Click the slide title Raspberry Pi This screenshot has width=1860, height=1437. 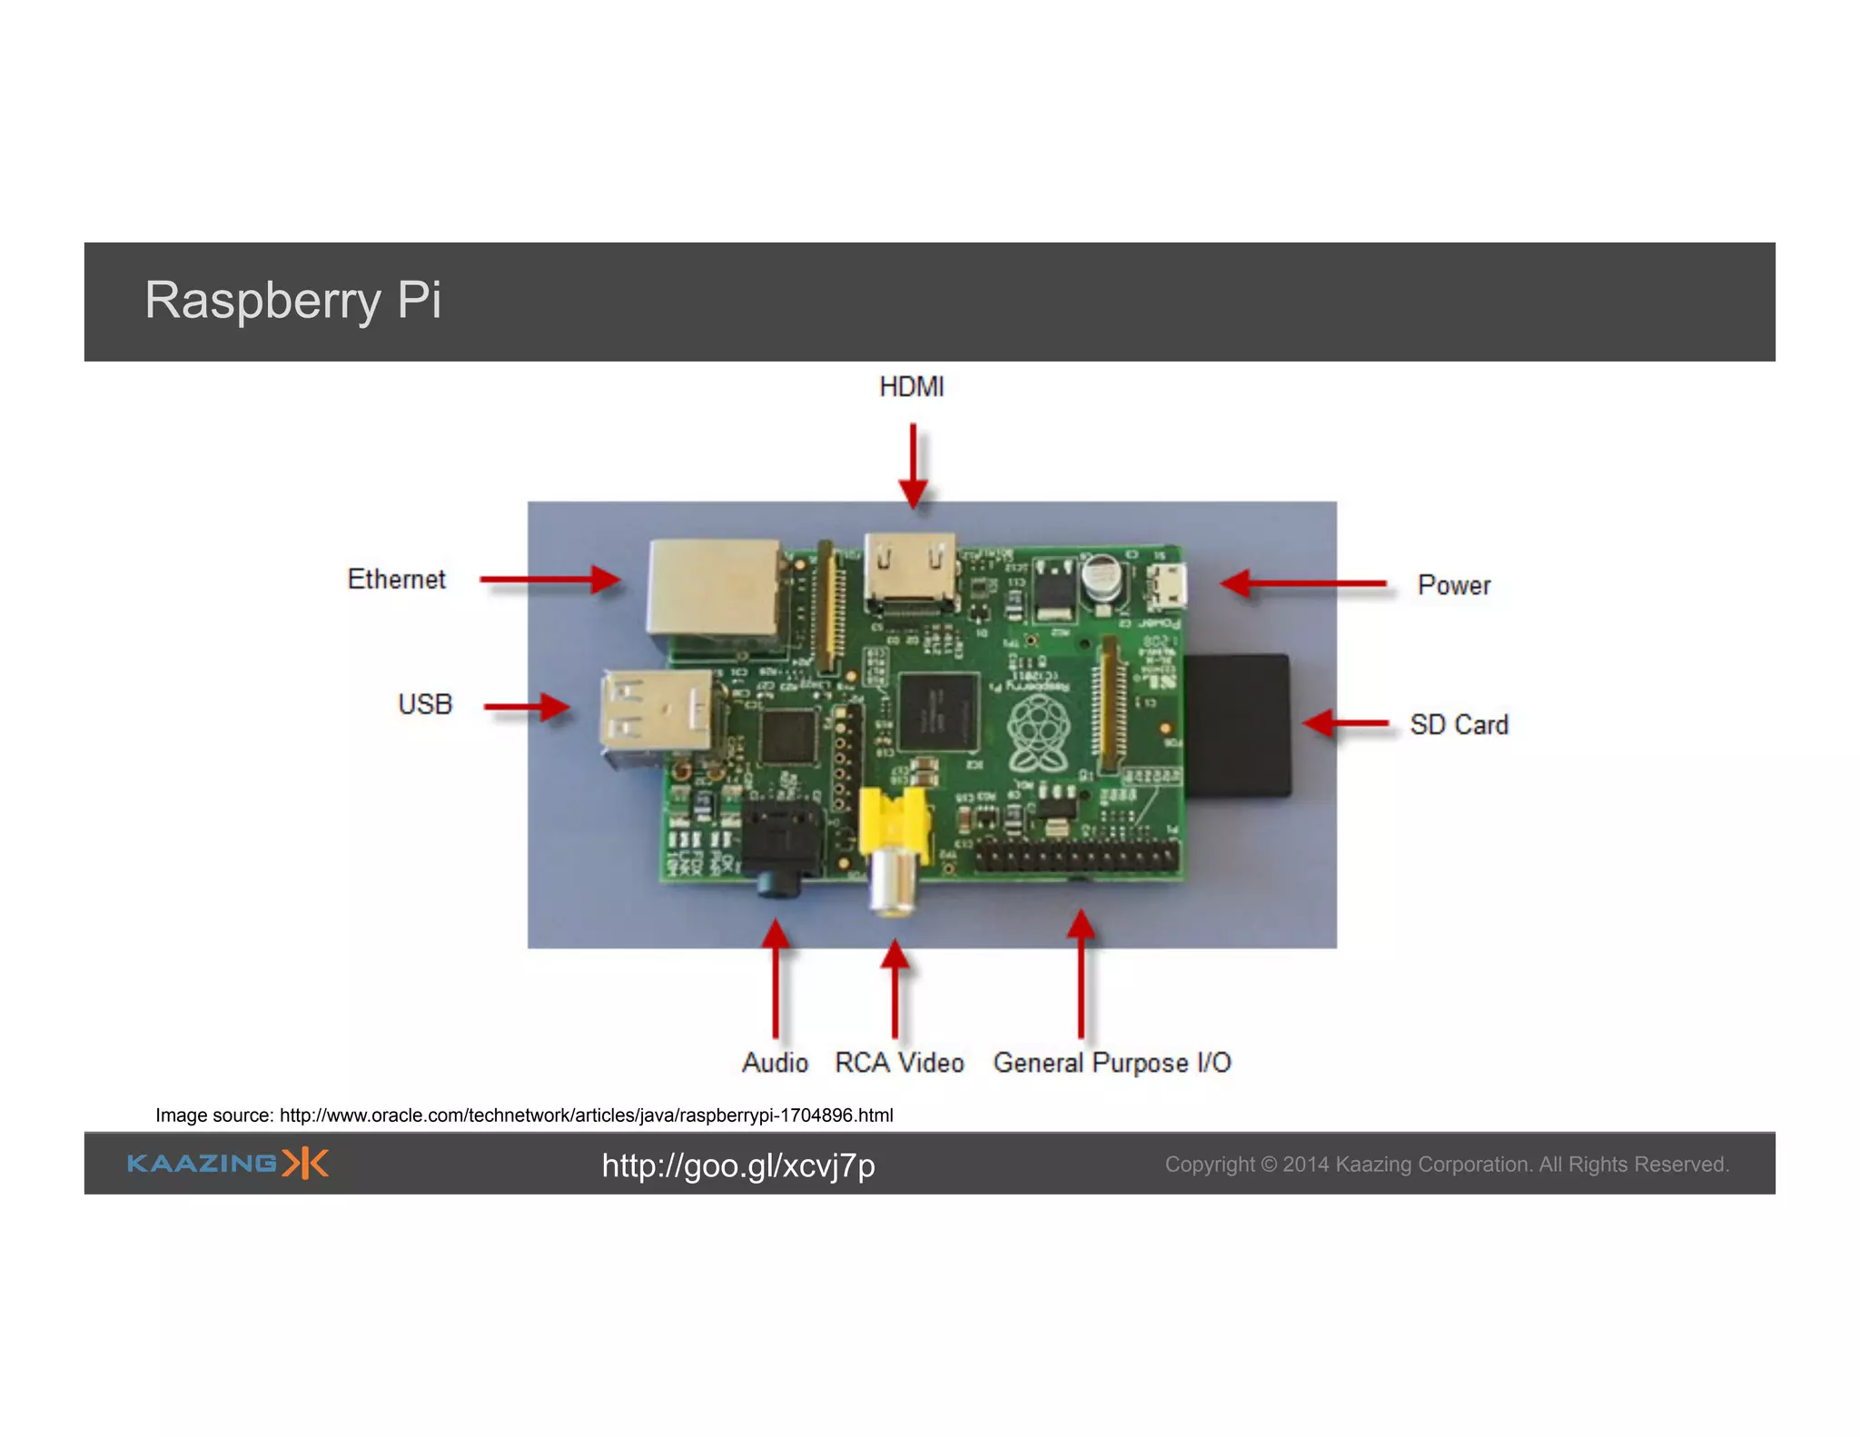coord(292,301)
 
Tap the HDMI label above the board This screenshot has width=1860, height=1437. coord(911,387)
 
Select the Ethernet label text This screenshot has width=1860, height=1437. coord(396,580)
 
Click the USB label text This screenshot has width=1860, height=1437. coord(424,704)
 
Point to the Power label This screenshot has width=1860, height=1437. coord(1453,586)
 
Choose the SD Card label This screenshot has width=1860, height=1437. coord(1459,725)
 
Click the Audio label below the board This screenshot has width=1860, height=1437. coord(774,1063)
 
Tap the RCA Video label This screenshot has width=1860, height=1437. coord(899,1063)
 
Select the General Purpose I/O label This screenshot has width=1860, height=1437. coord(1112,1063)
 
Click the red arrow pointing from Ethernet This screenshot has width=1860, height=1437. coord(549,580)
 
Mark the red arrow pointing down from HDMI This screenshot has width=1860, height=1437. coord(913,463)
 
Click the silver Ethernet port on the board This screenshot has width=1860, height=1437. coord(714,588)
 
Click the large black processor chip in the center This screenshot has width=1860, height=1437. coord(938,712)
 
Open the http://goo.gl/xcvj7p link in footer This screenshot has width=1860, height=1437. coord(737,1165)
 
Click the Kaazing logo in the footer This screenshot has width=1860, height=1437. coord(227,1164)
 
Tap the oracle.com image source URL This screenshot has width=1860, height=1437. coord(586,1115)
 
